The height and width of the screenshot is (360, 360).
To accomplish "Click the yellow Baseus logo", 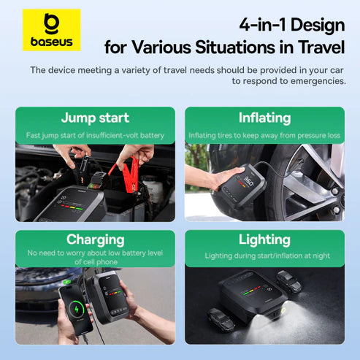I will point(51,30).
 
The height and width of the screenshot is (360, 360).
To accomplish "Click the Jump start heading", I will point(94,118).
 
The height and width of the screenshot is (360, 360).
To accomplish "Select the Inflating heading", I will point(264,118).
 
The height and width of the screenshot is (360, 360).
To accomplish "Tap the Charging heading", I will point(95,240).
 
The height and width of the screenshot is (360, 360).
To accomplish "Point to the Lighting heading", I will point(264,240).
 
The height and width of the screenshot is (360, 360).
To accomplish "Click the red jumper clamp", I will point(129,177).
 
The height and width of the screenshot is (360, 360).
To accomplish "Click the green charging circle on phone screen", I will point(73,304).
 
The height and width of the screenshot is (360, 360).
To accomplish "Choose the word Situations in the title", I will point(218,48).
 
